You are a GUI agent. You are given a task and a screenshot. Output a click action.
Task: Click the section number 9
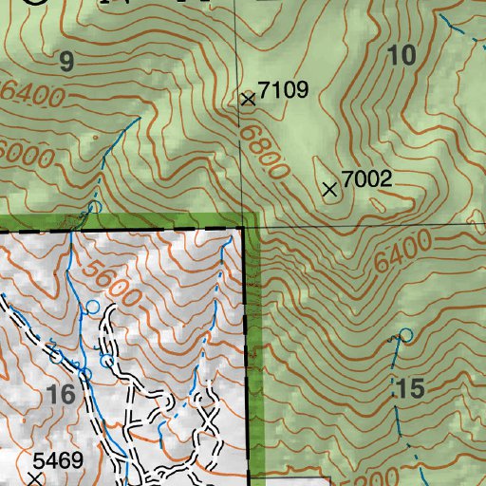[65, 63]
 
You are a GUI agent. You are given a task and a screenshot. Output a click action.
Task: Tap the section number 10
[402, 56]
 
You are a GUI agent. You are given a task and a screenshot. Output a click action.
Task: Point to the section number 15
[409, 388]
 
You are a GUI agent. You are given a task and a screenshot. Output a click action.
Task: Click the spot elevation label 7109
[284, 91]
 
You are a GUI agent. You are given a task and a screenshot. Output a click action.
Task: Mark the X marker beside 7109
[249, 98]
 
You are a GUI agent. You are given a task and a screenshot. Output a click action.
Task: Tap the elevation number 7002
[367, 178]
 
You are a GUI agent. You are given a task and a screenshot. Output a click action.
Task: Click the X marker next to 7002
[330, 190]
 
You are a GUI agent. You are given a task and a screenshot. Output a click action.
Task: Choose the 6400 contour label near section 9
[33, 95]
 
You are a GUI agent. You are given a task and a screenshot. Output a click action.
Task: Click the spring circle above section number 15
[406, 335]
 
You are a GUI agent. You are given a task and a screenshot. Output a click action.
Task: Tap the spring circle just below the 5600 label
[93, 306]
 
